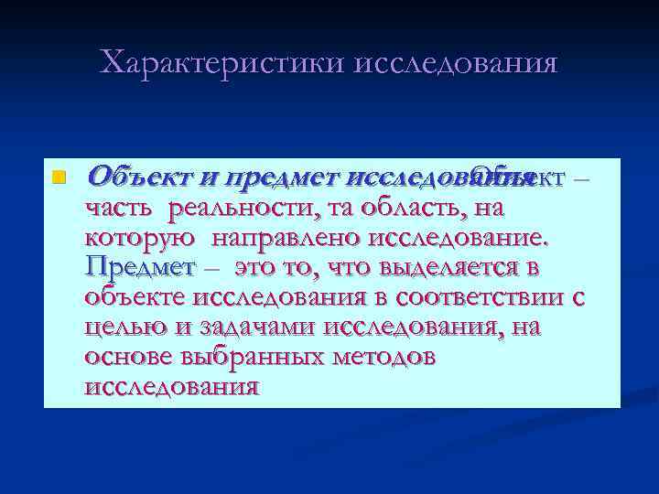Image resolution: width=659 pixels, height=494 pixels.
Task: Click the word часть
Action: [121, 209]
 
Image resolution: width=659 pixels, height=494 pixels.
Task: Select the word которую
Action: [138, 239]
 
